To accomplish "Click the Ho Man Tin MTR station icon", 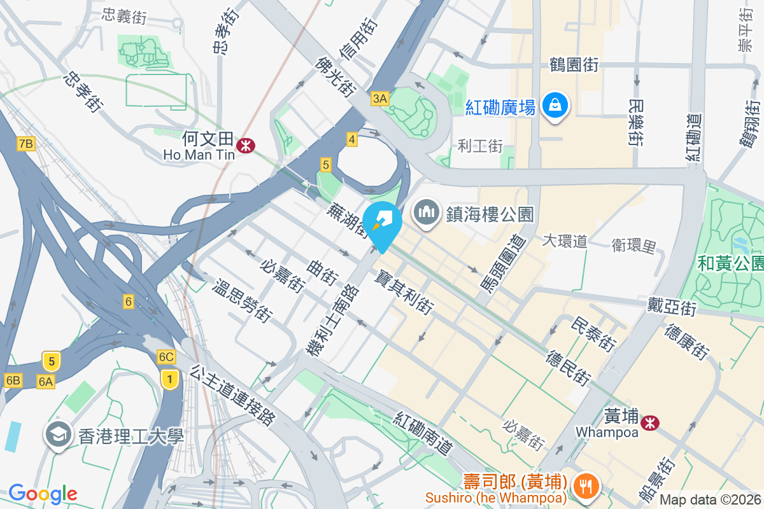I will coord(245,146).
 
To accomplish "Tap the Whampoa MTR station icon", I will coord(649,422).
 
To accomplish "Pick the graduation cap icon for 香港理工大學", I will coord(58,436).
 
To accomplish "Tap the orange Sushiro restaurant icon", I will coord(583,486).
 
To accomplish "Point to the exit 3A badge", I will coord(379,98).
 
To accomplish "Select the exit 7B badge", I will coord(25,143).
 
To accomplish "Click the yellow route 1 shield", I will coord(169,380).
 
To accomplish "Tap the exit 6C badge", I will coord(166,357).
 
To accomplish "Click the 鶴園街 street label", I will coord(574,64).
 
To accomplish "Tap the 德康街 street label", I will coord(686,342).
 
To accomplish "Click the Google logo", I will coord(43,493).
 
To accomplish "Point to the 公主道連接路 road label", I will coord(233,394).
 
